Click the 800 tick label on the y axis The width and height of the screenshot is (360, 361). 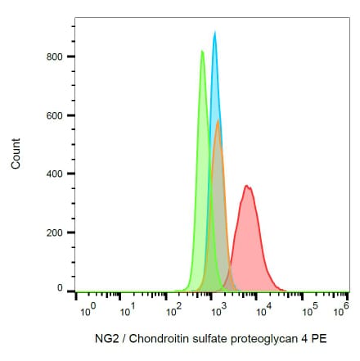point(55,56)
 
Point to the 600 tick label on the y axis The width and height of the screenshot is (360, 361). point(55,115)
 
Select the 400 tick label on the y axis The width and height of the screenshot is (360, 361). point(55,174)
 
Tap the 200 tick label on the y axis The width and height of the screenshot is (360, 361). point(55,232)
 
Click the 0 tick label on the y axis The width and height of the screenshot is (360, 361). point(60,289)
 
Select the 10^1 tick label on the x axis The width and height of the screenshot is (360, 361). point(128,311)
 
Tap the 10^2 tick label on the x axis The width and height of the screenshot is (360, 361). point(173,311)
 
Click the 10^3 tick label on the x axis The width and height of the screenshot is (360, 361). point(217,311)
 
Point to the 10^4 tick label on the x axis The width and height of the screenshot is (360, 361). point(262,311)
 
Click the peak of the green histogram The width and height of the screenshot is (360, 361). point(202,52)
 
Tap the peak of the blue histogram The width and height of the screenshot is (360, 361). point(214,33)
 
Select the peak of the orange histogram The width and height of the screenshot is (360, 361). point(218,121)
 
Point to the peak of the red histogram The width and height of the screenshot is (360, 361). point(246,187)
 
